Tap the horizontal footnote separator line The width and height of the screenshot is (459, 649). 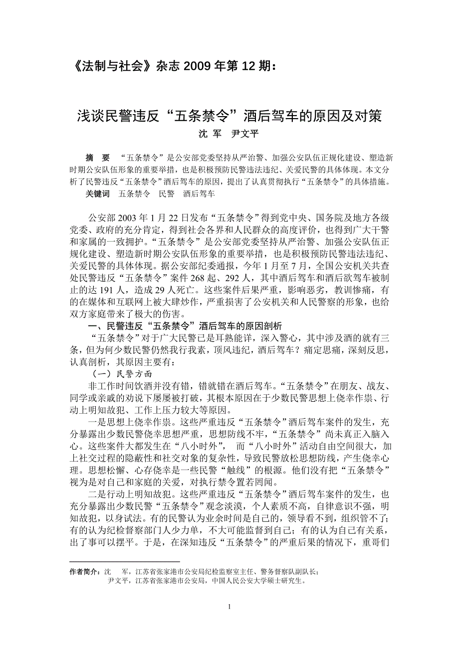(x=124, y=562)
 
